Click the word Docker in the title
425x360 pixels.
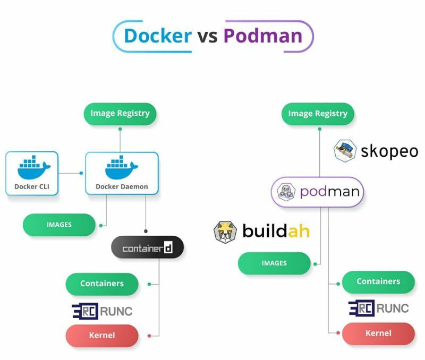pyautogui.click(x=158, y=36)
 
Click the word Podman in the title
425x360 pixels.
pyautogui.click(x=262, y=36)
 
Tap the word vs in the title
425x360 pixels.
pyautogui.click(x=208, y=36)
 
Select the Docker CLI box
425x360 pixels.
pyautogui.click(x=32, y=173)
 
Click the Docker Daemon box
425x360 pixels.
pyautogui.click(x=122, y=173)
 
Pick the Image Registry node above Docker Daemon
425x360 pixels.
pyautogui.click(x=120, y=114)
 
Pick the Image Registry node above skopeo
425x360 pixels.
pyautogui.click(x=318, y=114)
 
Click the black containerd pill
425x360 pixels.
pyautogui.click(x=147, y=248)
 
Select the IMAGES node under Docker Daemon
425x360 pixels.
pyautogui.click(x=59, y=225)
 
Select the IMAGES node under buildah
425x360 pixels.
pyautogui.click(x=274, y=263)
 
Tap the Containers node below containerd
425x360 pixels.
pyautogui.click(x=102, y=284)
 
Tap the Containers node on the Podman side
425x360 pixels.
pyautogui.click(x=378, y=282)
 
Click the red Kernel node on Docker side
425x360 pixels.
pyautogui.click(x=102, y=336)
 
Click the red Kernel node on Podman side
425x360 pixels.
pyautogui.click(x=378, y=333)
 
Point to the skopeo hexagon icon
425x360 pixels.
pyautogui.click(x=345, y=151)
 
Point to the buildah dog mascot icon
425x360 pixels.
pyautogui.click(x=225, y=232)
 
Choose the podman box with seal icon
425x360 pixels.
pyautogui.click(x=318, y=192)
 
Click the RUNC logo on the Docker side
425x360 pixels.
pyautogui.click(x=102, y=311)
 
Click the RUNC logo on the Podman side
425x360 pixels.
pyautogui.click(x=378, y=308)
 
